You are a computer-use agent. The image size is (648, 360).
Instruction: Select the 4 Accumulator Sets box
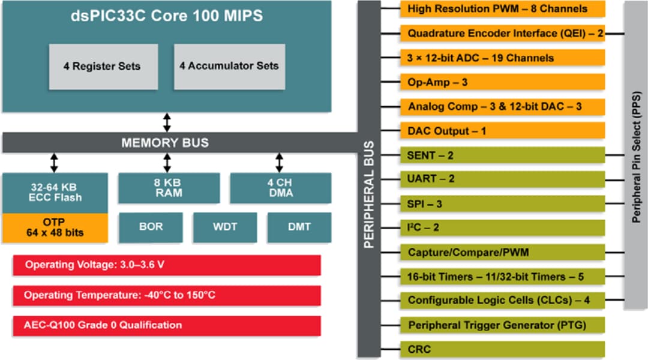[229, 66]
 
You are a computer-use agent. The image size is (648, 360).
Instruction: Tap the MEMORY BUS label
[165, 143]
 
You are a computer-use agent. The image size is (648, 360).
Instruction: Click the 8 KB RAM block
[167, 187]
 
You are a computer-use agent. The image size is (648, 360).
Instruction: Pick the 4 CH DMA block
[280, 187]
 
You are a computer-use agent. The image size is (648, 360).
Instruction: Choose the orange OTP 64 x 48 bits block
[55, 227]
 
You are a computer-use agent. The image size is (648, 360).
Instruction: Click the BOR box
[151, 227]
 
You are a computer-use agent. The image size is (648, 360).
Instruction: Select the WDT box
[224, 227]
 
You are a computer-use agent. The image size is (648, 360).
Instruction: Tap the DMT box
[299, 227]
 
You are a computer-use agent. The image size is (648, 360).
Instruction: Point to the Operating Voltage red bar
[167, 265]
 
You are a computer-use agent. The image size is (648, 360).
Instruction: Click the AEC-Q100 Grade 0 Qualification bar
[167, 325]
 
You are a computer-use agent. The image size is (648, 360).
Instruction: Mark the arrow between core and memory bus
[167, 121]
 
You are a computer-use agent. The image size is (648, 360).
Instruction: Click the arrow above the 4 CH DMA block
[280, 163]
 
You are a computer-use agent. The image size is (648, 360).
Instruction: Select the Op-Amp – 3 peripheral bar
[502, 82]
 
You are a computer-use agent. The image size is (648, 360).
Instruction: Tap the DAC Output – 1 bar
[502, 131]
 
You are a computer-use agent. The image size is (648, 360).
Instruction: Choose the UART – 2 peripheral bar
[502, 179]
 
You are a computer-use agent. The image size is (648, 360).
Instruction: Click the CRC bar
[502, 349]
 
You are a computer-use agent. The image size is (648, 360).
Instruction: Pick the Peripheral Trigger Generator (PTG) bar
[502, 325]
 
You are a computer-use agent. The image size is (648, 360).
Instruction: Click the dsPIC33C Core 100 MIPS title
[166, 16]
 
